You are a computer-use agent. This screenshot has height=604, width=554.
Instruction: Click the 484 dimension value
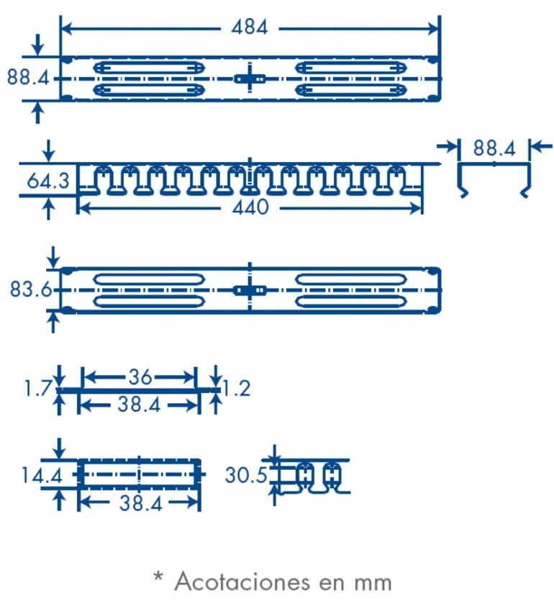point(249,28)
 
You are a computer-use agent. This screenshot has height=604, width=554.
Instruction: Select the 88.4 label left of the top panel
point(28,76)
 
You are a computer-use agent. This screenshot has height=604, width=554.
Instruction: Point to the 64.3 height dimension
point(48,181)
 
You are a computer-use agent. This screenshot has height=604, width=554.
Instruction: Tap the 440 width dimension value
point(250,208)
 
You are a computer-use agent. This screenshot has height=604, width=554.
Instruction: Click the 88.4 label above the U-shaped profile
point(494,149)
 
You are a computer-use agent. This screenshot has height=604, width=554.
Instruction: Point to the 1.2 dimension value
point(235,389)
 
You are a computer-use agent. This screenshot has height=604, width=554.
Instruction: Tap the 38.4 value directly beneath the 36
point(140,406)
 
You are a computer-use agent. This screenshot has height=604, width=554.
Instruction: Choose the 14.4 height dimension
point(31,475)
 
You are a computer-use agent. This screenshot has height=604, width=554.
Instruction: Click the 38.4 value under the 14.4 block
point(140,504)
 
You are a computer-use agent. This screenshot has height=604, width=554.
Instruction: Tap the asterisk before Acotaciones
point(158,578)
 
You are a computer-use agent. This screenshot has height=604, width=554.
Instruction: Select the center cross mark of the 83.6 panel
point(249,290)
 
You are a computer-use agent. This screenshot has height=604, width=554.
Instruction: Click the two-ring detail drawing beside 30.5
point(317,476)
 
